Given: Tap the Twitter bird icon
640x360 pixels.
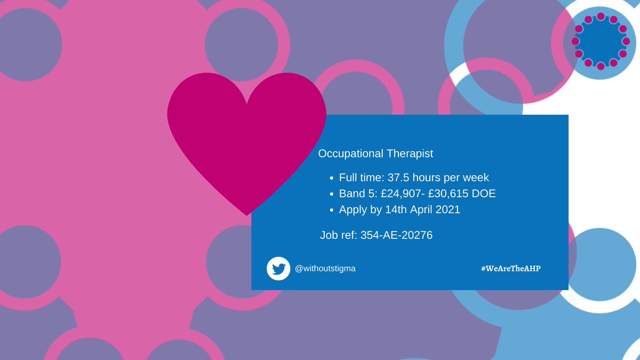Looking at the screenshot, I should (x=278, y=268).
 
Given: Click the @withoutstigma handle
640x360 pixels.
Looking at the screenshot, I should (x=325, y=268).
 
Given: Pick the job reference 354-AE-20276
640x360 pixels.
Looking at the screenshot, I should (x=396, y=235).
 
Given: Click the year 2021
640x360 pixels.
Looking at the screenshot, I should (x=446, y=210).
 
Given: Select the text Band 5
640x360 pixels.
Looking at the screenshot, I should (x=357, y=194).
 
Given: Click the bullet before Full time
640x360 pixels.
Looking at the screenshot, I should (x=332, y=178).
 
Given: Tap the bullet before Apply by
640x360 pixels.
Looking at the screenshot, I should (x=332, y=210).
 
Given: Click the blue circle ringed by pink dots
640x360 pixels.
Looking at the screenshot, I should (x=601, y=41).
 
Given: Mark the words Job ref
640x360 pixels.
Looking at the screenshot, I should (x=338, y=235).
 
